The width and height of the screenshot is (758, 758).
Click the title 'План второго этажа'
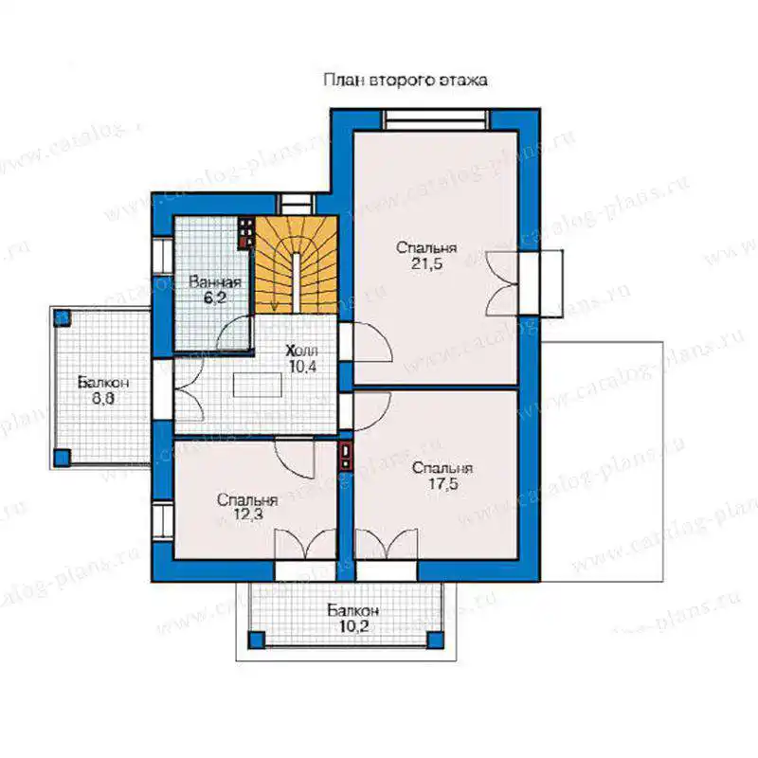[x=406, y=80]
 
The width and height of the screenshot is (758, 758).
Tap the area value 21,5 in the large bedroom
[x=427, y=264]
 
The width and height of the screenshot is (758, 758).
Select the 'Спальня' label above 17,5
[x=442, y=468]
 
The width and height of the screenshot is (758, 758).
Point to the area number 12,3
[x=248, y=514]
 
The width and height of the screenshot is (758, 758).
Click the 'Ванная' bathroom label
[x=215, y=281]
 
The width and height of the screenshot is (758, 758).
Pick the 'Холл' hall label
[x=301, y=351]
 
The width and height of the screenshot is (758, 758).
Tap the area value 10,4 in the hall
[x=302, y=367]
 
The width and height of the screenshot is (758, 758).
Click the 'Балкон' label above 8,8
[x=103, y=383]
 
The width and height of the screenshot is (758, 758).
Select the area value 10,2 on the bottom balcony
[x=353, y=626]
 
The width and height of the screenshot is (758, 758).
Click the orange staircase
[x=296, y=265]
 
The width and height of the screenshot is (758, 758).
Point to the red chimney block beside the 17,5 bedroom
[x=346, y=456]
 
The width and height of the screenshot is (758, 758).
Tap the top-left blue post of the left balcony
[x=62, y=318]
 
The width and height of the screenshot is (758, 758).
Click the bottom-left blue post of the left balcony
[x=62, y=458]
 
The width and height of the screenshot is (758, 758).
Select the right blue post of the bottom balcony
[x=435, y=640]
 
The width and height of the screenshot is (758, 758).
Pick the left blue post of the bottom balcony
[x=257, y=640]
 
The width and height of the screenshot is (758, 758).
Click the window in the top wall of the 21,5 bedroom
[x=436, y=119]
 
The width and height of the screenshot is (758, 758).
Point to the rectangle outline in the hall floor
[x=257, y=385]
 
